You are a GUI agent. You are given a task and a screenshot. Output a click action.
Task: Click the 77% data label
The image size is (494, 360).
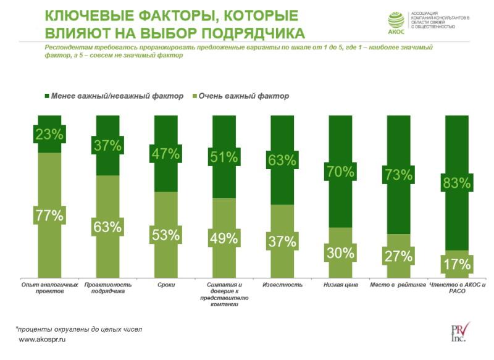click(x=49, y=216)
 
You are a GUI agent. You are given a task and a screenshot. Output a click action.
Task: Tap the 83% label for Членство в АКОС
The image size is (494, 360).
click(x=457, y=183)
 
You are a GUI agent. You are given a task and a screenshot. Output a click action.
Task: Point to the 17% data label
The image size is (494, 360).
click(x=457, y=265)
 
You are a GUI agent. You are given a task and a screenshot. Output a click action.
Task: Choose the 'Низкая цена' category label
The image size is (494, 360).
click(x=341, y=285)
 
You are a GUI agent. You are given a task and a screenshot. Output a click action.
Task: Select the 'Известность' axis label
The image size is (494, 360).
click(x=282, y=285)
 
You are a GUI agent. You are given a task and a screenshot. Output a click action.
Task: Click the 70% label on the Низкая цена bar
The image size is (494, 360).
click(x=340, y=172)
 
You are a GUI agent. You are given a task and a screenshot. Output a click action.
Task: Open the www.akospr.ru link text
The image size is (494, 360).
click(x=43, y=340)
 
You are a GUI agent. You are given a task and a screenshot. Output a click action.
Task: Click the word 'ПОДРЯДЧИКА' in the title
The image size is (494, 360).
click(x=247, y=32)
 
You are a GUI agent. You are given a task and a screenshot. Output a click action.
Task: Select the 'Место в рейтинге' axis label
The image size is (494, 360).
click(x=399, y=285)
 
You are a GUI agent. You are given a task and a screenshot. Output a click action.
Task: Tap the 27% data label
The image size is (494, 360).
click(x=398, y=256)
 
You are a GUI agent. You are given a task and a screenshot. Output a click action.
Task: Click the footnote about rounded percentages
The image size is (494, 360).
click(x=80, y=329)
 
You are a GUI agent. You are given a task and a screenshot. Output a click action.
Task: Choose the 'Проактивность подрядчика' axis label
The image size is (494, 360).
click(x=108, y=288)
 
